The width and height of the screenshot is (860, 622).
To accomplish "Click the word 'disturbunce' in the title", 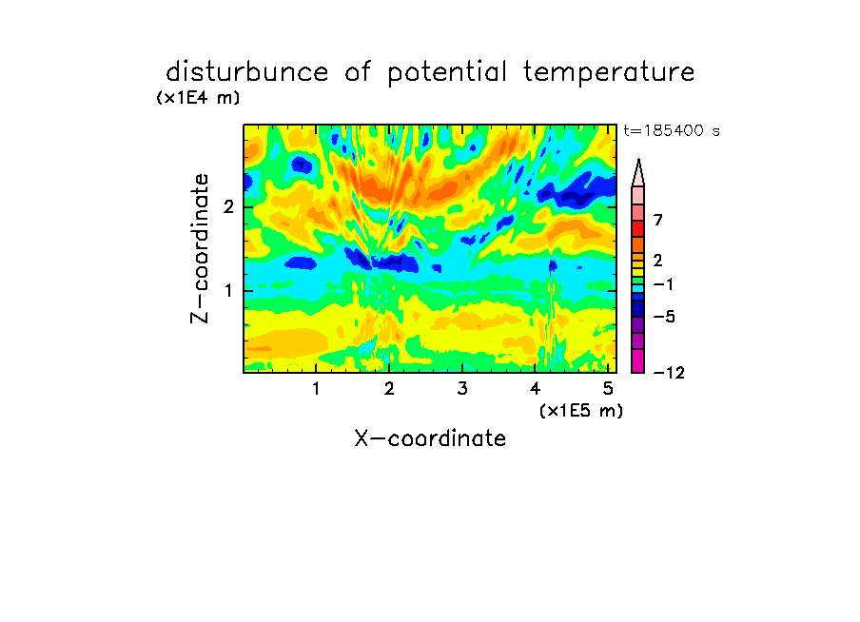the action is tap(247, 72).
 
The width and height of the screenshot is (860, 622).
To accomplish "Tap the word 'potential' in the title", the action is tap(447, 73).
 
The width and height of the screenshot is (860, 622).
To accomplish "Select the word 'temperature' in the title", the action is tap(609, 73).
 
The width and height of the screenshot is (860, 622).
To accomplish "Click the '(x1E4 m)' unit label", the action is tap(198, 98).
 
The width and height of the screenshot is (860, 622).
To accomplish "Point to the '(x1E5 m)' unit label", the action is tap(581, 410).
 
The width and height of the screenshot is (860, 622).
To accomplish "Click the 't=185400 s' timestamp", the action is tap(672, 130).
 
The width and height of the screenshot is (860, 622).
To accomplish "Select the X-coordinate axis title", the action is tap(430, 438).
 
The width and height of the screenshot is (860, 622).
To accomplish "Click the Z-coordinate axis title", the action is tap(200, 248).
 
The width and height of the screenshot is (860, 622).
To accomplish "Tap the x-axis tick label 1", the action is tap(317, 388).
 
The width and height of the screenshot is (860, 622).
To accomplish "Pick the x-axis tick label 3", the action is tap(462, 388).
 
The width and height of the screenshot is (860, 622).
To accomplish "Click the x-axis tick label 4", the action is tap(536, 388).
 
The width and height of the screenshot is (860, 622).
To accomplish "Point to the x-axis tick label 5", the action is tap(608, 388).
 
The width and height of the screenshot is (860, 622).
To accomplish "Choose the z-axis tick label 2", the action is tap(228, 206).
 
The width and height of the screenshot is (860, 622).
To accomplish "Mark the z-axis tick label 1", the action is tap(228, 290).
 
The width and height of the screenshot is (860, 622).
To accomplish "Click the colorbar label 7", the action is tap(658, 221).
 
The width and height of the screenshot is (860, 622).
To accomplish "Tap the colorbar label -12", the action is tap(669, 373).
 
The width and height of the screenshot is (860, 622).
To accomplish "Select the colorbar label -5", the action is tap(664, 317).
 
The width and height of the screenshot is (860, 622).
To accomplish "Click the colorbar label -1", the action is tap(663, 284).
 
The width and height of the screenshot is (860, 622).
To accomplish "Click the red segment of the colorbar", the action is tap(638, 228).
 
